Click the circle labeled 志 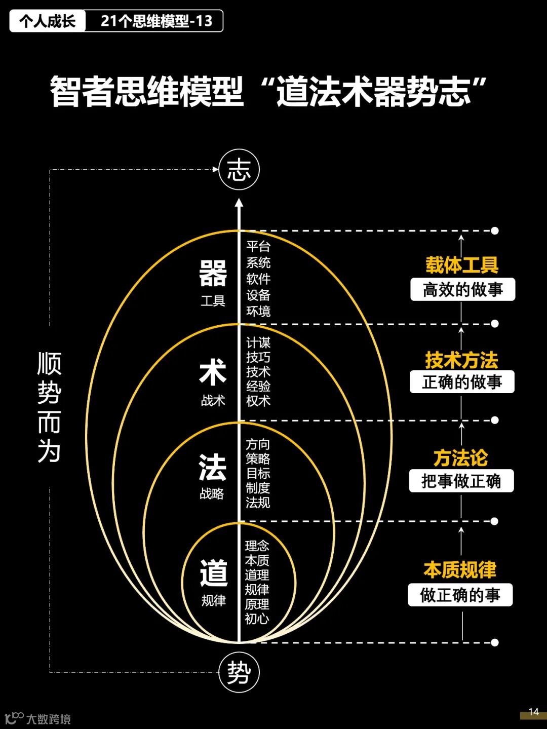tap(239, 170)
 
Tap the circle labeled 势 tap(239, 672)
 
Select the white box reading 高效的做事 tap(462, 290)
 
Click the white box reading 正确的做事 tap(462, 382)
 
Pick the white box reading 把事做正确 tap(461, 481)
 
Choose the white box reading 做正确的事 tap(460, 595)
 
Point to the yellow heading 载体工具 tap(462, 265)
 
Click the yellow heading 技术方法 tap(461, 360)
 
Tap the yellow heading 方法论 tap(460, 458)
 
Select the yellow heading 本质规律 tap(460, 570)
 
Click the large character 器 tap(213, 274)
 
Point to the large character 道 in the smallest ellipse tap(213, 573)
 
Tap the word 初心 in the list tap(257, 619)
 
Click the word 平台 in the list tap(258, 247)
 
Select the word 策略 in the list tap(258, 459)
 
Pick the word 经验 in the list tap(258, 386)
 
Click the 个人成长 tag tap(48, 21)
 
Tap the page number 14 tap(533, 712)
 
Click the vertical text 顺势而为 tap(49, 408)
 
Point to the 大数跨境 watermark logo tap(38, 718)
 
